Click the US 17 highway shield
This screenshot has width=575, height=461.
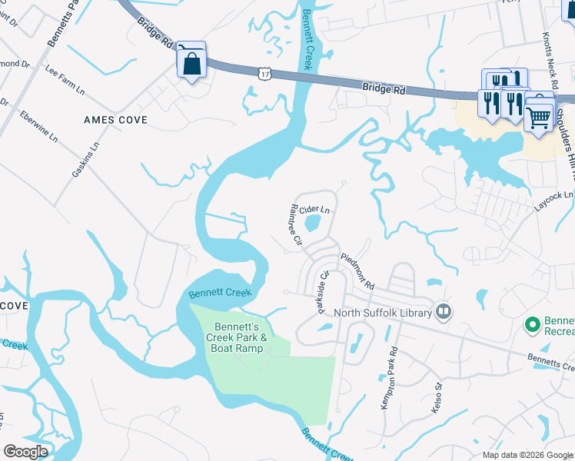point(264,72)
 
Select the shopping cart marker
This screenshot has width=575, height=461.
point(539,118)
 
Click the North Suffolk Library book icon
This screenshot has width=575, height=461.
point(443,311)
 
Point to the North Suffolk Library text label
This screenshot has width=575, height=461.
point(382,313)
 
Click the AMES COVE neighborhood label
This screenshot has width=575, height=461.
point(115,121)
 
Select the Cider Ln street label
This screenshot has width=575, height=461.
point(314,209)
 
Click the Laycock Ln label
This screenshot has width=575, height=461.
point(554,203)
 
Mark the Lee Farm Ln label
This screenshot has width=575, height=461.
point(65,79)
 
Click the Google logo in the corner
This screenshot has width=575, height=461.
point(25,452)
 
